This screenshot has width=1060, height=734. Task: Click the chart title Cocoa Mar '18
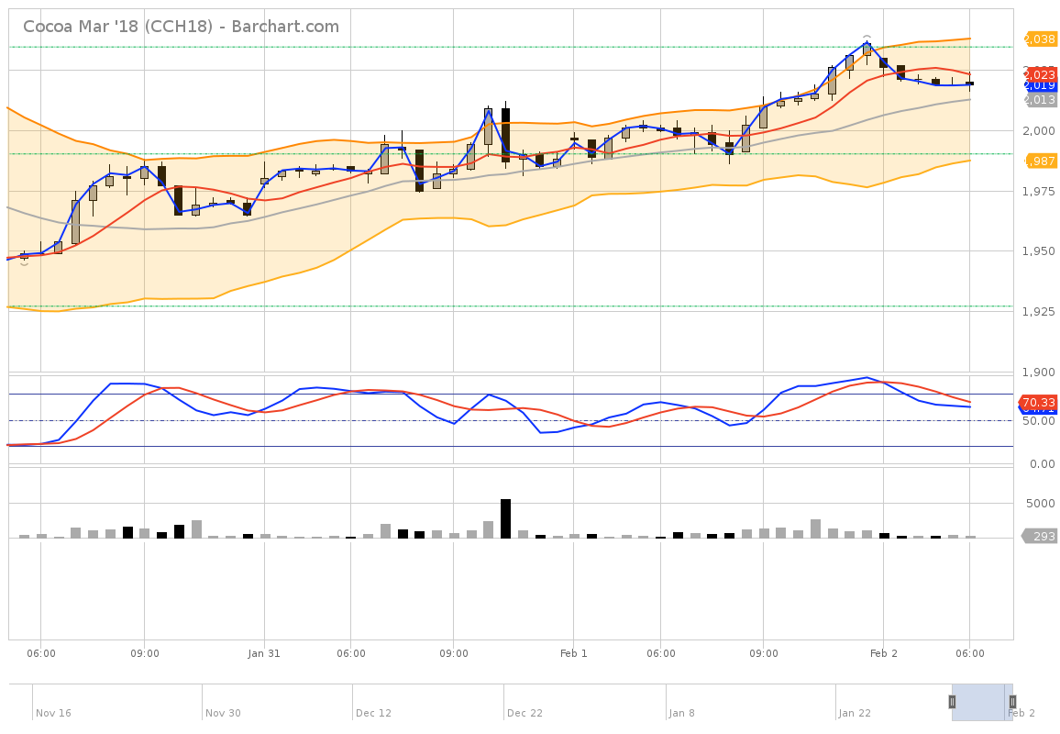pyautogui.click(x=181, y=27)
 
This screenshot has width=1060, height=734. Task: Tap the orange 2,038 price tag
pyautogui.click(x=1041, y=39)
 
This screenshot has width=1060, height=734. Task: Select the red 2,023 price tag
pyautogui.click(x=1041, y=74)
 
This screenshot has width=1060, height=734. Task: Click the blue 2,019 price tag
pyautogui.click(x=1041, y=85)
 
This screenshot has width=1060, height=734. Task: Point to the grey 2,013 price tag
pyautogui.click(x=1041, y=99)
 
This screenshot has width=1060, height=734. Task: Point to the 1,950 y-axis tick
pyautogui.click(x=1041, y=251)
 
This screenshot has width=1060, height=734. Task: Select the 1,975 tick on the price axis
pyautogui.click(x=1041, y=191)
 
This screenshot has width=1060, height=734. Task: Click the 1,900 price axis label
pyautogui.click(x=1041, y=373)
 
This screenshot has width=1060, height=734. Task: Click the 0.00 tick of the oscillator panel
pyautogui.click(x=1043, y=464)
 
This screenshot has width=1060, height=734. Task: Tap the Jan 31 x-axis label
pyautogui.click(x=264, y=653)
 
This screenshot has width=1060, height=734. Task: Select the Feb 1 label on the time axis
pyautogui.click(x=573, y=653)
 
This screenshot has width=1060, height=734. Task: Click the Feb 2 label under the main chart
pyautogui.click(x=884, y=653)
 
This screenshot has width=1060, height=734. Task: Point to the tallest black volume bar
pyautogui.click(x=505, y=518)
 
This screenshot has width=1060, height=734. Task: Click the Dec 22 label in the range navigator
pyautogui.click(x=524, y=713)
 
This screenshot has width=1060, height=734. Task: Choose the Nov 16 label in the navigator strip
pyautogui.click(x=53, y=713)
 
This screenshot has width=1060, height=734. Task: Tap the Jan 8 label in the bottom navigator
pyautogui.click(x=681, y=713)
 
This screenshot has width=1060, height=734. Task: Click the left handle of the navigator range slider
pyautogui.click(x=952, y=702)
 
